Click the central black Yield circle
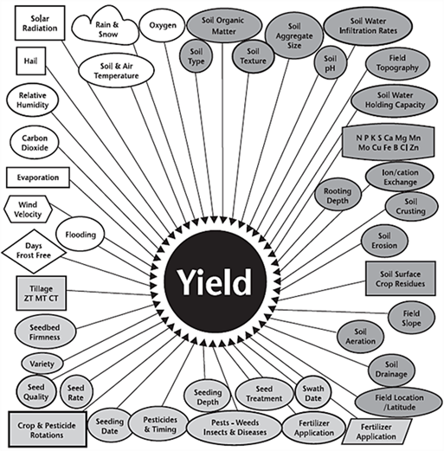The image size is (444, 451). [x=216, y=281]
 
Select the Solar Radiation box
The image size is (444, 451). [x=40, y=23]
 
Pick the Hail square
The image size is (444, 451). [x=31, y=61]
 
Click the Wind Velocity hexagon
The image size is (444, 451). [x=28, y=209]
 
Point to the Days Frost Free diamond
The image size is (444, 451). [x=34, y=251]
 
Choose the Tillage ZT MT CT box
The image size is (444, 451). [x=42, y=293]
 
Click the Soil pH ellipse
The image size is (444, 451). [x=330, y=63]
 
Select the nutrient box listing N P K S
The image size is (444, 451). [x=389, y=143]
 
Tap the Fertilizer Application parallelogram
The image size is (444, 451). [x=376, y=431]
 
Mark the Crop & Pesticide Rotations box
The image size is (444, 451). [x=48, y=429]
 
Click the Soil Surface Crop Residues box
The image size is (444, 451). [x=401, y=279]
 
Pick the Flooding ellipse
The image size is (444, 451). [x=80, y=235]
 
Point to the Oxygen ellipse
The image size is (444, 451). [x=163, y=25]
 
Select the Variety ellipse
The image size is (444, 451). [x=42, y=364]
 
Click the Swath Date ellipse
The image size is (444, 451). [x=313, y=393]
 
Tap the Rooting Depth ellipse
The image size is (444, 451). [x=338, y=196]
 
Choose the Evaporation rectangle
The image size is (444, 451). [x=38, y=177]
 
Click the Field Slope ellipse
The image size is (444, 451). [x=411, y=318]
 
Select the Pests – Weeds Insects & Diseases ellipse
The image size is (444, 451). [x=235, y=428]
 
